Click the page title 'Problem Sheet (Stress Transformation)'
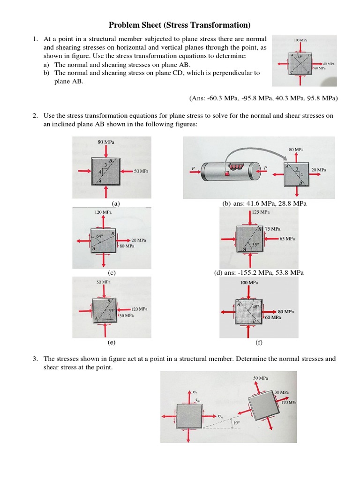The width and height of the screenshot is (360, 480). coord(180,25)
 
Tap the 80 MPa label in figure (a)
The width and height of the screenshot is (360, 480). coord(106,142)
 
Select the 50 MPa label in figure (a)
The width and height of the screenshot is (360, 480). coord(141,172)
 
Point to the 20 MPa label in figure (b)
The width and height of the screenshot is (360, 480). coord(319,170)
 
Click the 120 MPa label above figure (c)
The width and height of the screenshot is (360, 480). coord(103,212)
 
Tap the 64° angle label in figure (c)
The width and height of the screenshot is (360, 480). coord(99,236)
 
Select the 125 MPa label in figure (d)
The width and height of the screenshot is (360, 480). coord(261,212)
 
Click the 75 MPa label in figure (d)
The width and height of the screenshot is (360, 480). coord(273,229)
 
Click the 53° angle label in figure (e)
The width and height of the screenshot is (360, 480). coord(112,310)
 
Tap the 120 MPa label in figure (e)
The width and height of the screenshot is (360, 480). coord(139,309)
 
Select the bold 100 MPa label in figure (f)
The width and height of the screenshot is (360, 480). coord(248,283)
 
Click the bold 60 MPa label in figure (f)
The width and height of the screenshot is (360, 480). coord(273,317)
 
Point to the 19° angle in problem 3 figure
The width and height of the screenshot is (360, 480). coord(236,422)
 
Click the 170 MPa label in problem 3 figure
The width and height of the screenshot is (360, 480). coord(289,402)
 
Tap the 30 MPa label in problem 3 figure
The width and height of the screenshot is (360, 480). coord(282,392)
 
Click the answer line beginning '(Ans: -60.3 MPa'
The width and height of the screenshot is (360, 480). coord(263,98)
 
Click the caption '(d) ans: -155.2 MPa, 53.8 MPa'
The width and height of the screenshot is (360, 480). coord(259,272)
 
